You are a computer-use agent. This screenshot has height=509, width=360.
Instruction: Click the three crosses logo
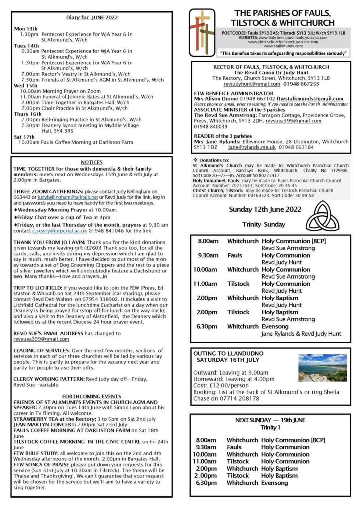[x=202, y=33]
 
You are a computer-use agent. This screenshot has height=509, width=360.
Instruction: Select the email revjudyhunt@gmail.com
[x=252, y=84]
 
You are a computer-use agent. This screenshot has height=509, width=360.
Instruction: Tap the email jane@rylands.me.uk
[x=252, y=147]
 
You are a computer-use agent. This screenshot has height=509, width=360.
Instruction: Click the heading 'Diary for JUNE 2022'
[x=92, y=17]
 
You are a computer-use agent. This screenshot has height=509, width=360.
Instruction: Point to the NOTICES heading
[x=91, y=162]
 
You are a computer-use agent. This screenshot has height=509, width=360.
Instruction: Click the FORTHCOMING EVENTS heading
[x=91, y=396]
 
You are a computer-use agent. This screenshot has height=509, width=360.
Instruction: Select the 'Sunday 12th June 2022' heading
[x=265, y=209]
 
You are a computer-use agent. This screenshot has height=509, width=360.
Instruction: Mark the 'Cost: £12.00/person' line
[x=221, y=386]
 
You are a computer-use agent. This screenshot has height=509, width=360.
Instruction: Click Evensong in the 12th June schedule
[x=275, y=326]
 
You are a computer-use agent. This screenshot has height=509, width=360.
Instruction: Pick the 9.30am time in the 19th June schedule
[x=206, y=447]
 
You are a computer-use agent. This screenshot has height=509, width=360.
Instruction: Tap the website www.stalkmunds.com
[x=283, y=46]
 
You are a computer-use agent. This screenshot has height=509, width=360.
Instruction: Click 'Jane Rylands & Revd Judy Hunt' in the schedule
[x=301, y=334]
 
